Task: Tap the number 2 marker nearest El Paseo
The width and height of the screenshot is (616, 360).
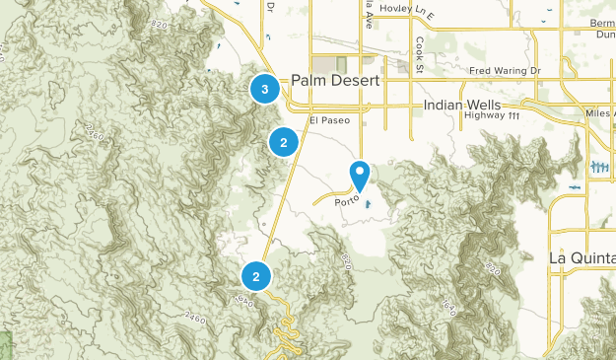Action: tap(284, 142)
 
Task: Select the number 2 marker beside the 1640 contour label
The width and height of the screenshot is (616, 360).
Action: tap(256, 276)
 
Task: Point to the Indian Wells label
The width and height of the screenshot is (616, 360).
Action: tap(462, 105)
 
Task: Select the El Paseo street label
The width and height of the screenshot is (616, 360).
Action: tap(329, 120)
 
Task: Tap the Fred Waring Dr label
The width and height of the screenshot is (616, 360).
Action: tap(506, 71)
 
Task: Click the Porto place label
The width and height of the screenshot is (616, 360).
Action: tap(347, 201)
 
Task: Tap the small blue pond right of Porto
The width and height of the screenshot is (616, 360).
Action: tap(368, 205)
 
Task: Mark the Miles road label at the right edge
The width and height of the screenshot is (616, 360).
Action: tap(598, 113)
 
